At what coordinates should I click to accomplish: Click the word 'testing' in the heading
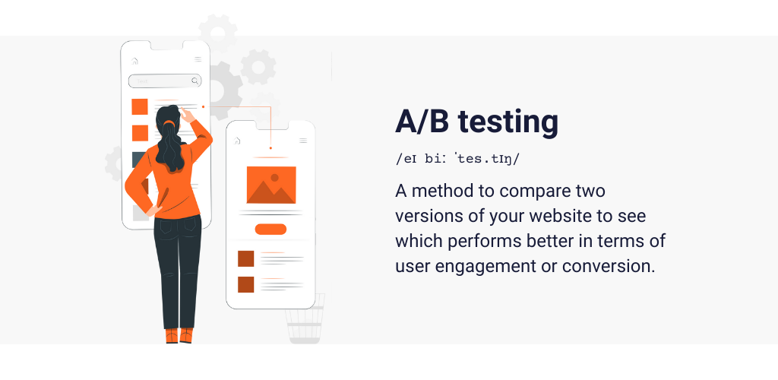pyautogui.click(x=508, y=122)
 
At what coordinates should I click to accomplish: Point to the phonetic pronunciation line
pyautogui.click(x=457, y=159)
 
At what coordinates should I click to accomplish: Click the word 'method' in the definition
pyautogui.click(x=442, y=191)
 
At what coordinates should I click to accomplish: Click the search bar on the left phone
pyautogui.click(x=165, y=81)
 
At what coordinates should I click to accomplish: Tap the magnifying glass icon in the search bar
pyautogui.click(x=195, y=81)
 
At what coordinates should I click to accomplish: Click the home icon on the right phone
pyautogui.click(x=237, y=141)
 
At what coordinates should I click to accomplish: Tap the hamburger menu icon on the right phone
pyautogui.click(x=303, y=141)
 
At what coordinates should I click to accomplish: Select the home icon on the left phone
pyautogui.click(x=134, y=61)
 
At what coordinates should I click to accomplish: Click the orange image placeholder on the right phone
pyautogui.click(x=271, y=185)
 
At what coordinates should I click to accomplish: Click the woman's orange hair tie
pyautogui.click(x=169, y=122)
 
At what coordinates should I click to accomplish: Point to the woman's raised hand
pyautogui.click(x=187, y=115)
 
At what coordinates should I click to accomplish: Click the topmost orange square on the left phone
pyautogui.click(x=140, y=106)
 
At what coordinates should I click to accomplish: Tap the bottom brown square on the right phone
pyautogui.click(x=245, y=285)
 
